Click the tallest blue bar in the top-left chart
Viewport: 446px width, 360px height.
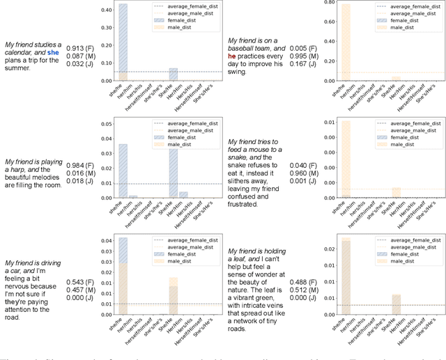pyautogui.click(x=123, y=42)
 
